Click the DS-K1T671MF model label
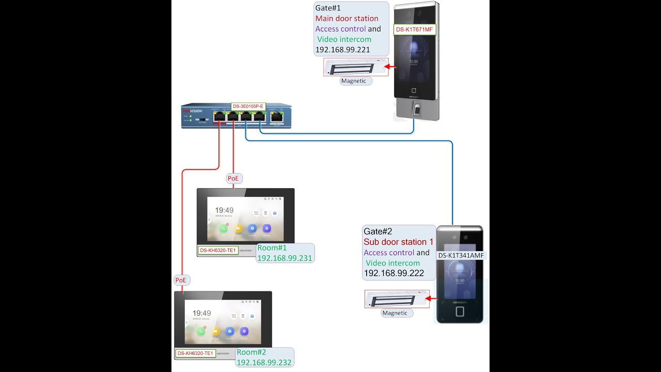[414, 30]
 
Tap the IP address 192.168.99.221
[342, 50]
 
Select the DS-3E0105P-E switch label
[248, 106]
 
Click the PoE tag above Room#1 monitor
[233, 178]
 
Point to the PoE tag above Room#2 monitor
[181, 280]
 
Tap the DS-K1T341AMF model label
[461, 256]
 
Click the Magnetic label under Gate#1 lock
[354, 81]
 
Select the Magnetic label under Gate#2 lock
[395, 313]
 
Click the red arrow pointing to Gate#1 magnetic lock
[391, 66]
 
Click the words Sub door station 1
[399, 242]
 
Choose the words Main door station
[347, 19]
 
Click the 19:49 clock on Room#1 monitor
[224, 210]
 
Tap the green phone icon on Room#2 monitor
[201, 331]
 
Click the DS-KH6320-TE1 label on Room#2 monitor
[195, 353]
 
